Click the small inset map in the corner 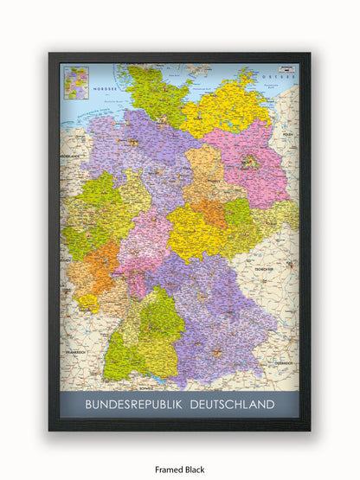(x=75, y=82)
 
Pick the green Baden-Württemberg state (x=147, y=337)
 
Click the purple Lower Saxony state (x=138, y=147)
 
